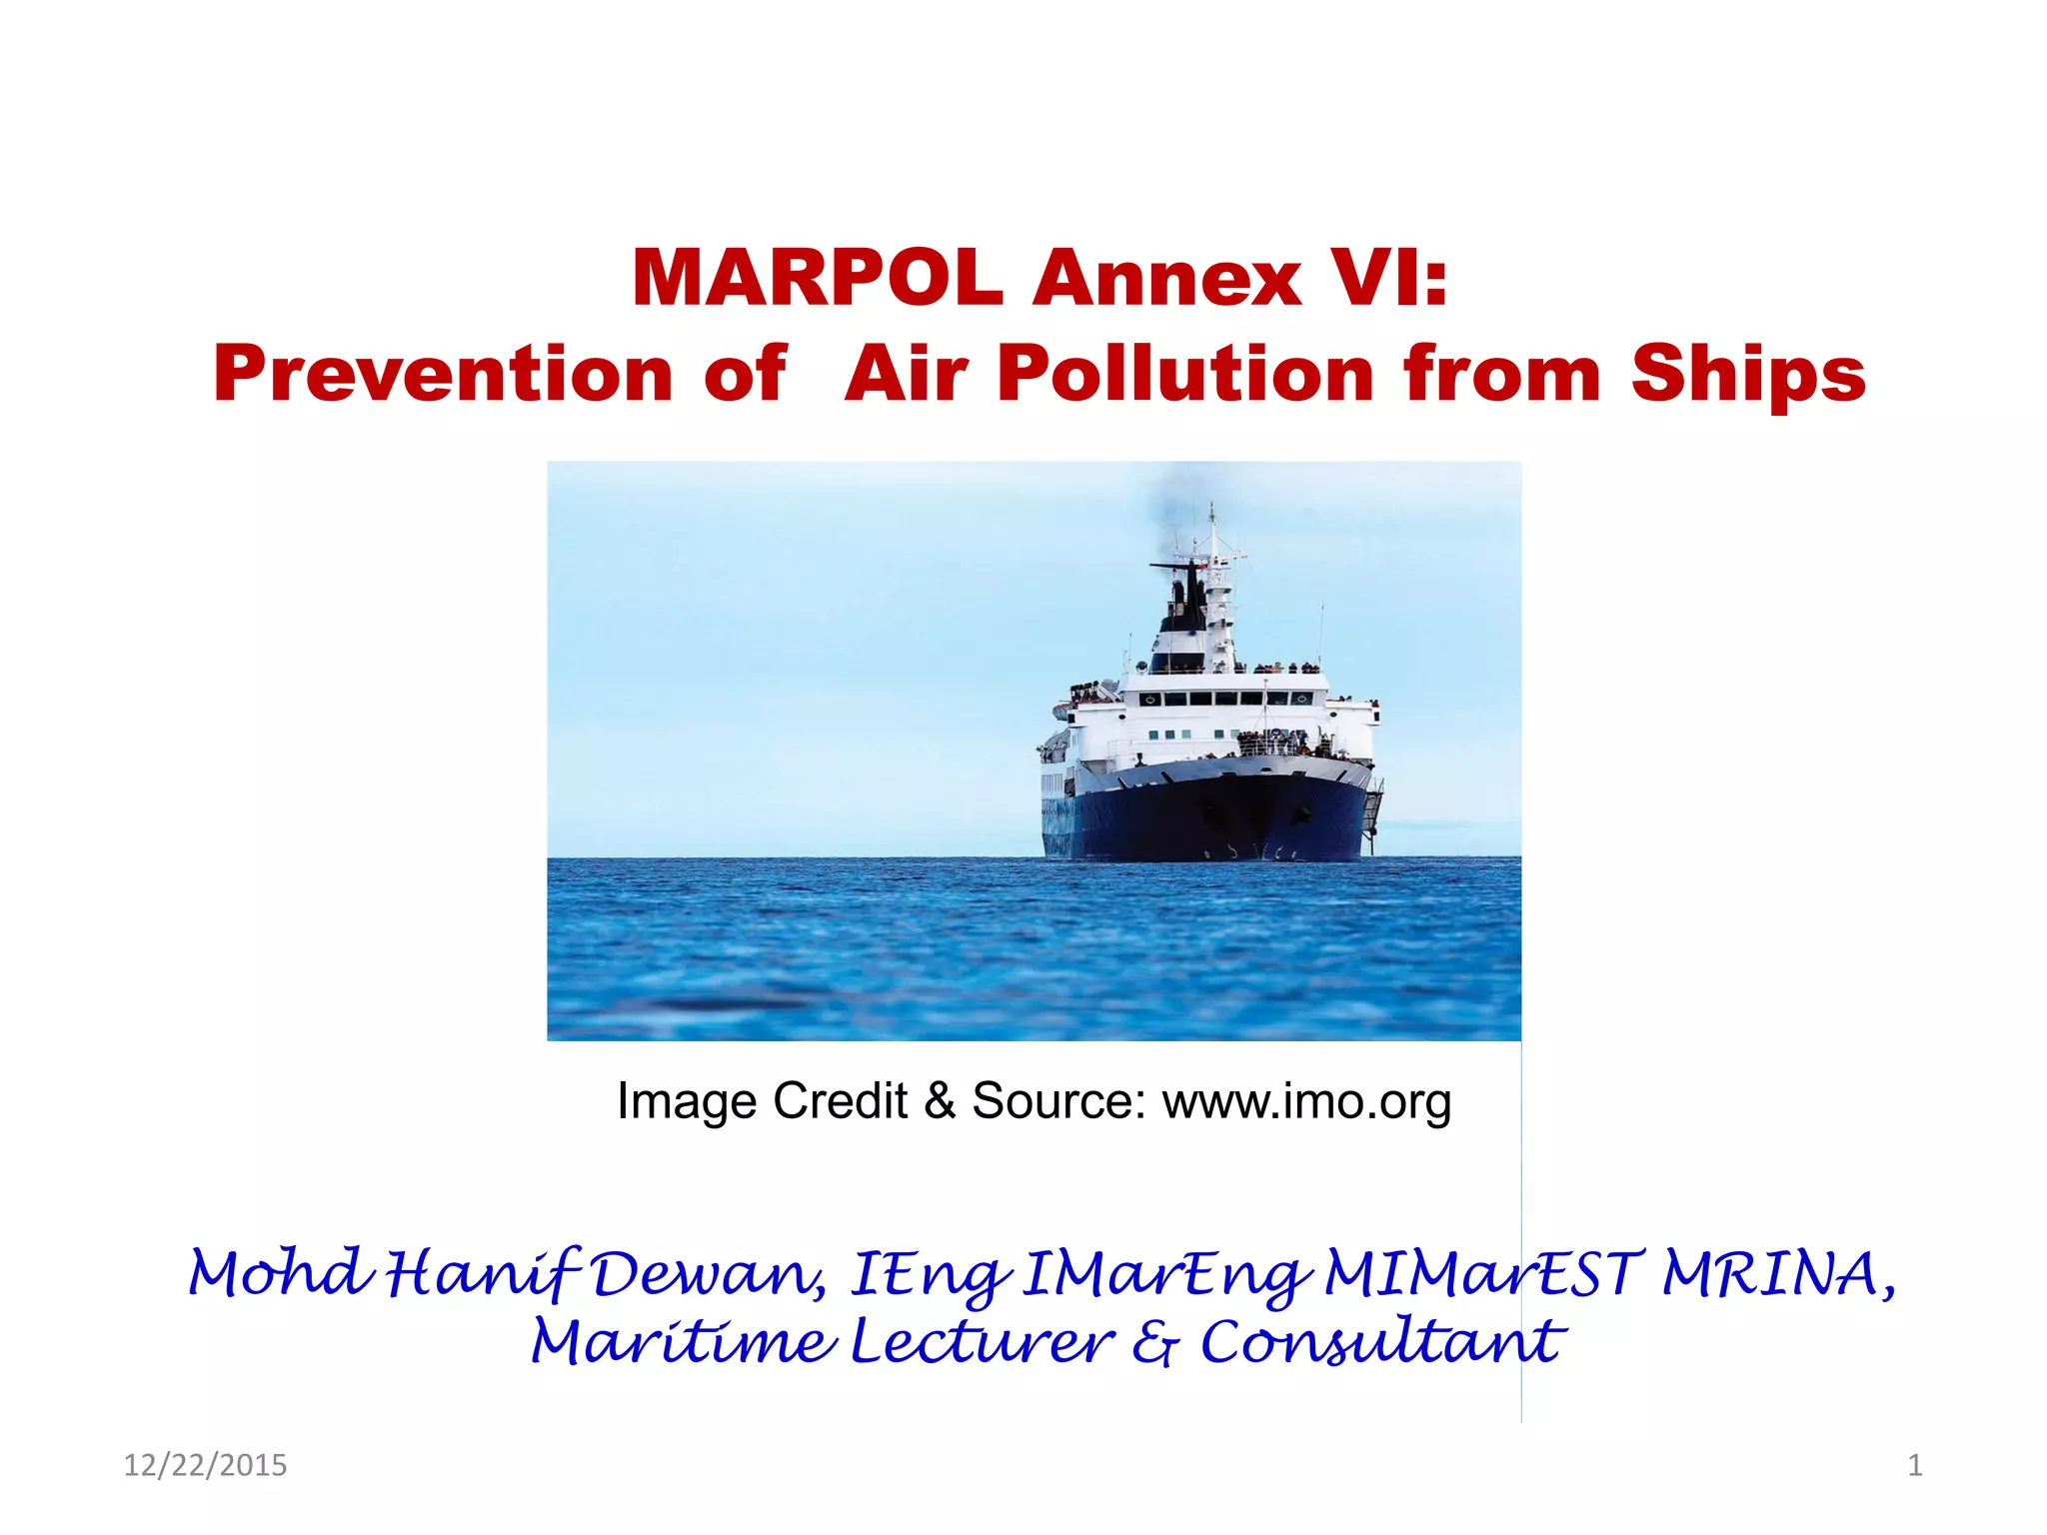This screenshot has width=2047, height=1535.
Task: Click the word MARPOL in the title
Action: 817,279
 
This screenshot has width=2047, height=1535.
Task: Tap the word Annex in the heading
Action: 1166,279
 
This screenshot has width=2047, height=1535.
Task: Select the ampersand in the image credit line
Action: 940,1101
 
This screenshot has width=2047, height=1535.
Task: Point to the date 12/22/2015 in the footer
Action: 205,1465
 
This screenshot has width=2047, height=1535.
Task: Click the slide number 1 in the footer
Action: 1915,1465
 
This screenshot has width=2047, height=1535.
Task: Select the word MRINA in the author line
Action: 1776,1276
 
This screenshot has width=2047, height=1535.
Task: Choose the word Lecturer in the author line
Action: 982,1342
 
